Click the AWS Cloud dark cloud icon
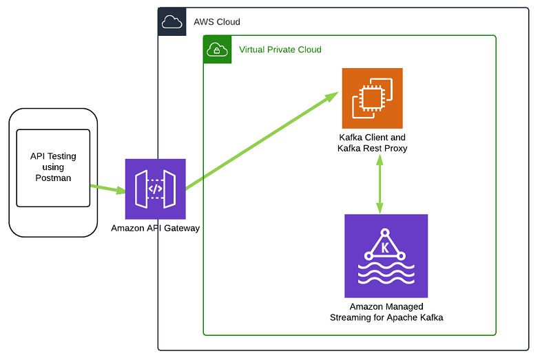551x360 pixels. pyautogui.click(x=171, y=22)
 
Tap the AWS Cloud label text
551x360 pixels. pyautogui.click(x=217, y=22)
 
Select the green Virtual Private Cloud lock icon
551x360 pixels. pyautogui.click(x=217, y=50)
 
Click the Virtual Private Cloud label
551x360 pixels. pyautogui.click(x=280, y=50)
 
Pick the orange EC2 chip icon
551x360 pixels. pyautogui.click(x=372, y=98)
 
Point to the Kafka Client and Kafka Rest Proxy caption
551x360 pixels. pyautogui.click(x=372, y=142)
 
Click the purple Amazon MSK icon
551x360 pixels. pyautogui.click(x=386, y=255)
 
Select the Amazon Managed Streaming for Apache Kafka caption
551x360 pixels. pyautogui.click(x=386, y=312)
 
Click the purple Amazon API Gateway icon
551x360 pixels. pyautogui.click(x=156, y=189)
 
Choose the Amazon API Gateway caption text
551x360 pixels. pyautogui.click(x=156, y=228)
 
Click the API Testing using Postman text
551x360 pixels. pyautogui.click(x=53, y=167)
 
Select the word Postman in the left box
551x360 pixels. pyautogui.click(x=53, y=178)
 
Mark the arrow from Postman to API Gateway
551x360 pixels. pyautogui.click(x=107, y=189)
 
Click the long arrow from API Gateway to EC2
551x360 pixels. pyautogui.click(x=262, y=140)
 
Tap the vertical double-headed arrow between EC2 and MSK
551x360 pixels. pyautogui.click(x=379, y=184)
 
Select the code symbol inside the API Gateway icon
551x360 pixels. pyautogui.click(x=156, y=189)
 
